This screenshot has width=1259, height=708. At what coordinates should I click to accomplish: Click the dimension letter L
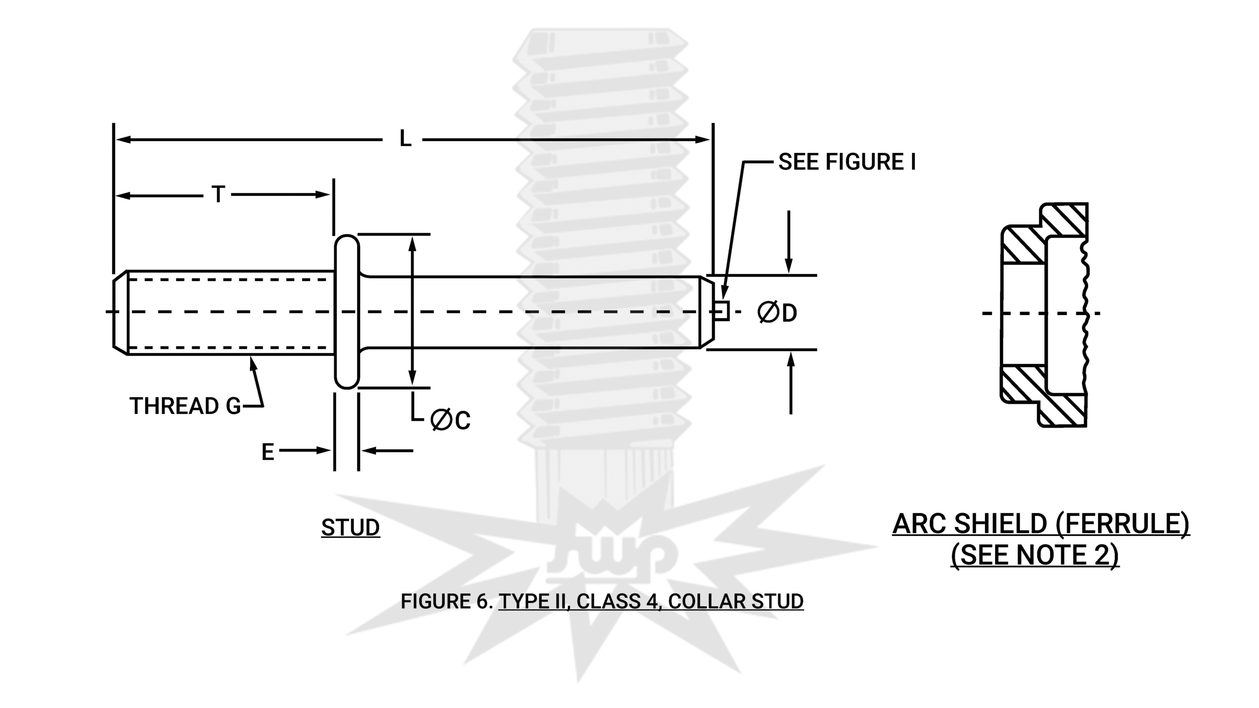click(405, 139)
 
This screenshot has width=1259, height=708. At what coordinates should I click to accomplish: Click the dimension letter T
click(218, 194)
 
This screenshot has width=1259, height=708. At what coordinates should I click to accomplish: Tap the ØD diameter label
click(777, 313)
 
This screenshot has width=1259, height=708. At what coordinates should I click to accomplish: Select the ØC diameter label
click(450, 420)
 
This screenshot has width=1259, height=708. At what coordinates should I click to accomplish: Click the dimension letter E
click(268, 452)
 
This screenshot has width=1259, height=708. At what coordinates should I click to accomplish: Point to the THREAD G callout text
click(185, 406)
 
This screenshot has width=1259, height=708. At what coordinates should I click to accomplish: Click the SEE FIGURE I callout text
click(846, 162)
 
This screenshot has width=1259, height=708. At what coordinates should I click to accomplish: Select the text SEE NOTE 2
click(1035, 555)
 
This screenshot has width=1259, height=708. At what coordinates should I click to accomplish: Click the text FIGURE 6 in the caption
click(446, 601)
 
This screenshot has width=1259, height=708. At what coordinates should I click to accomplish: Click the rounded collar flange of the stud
click(347, 312)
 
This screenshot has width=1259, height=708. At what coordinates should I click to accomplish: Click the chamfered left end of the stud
click(120, 312)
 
